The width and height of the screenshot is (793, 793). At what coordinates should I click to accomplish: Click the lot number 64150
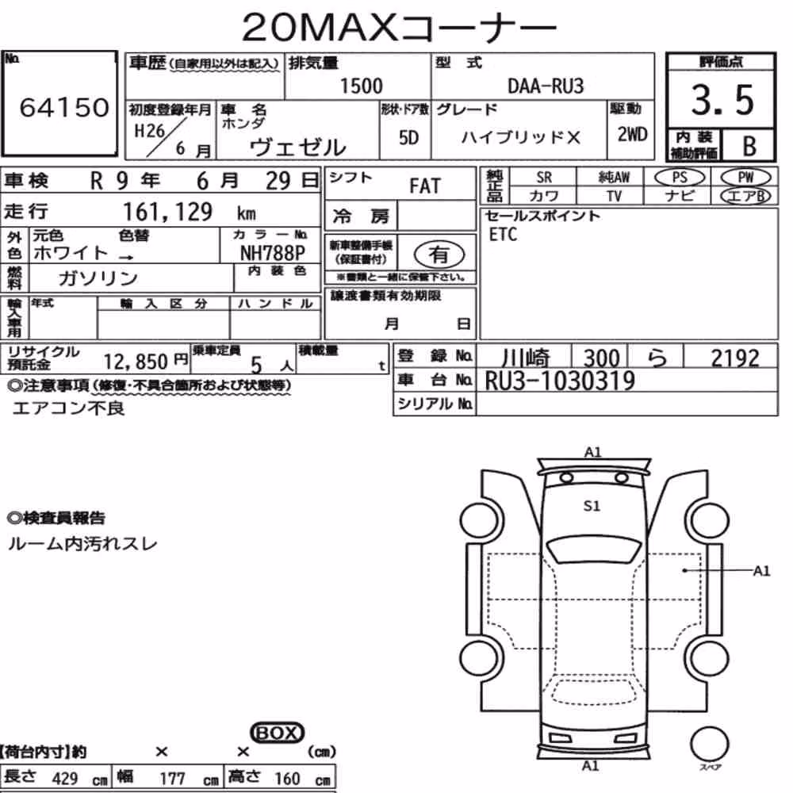click(x=64, y=107)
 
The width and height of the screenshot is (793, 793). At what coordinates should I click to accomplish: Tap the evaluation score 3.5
click(x=722, y=100)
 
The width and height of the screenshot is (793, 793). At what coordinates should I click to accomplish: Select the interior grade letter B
click(x=749, y=146)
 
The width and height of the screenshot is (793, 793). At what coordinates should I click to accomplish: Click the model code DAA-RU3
click(x=546, y=86)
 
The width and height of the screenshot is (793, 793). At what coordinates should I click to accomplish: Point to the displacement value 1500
click(x=361, y=86)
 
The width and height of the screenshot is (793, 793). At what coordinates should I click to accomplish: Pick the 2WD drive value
click(x=632, y=135)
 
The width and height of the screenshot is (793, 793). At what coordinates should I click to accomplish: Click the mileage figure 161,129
click(x=167, y=212)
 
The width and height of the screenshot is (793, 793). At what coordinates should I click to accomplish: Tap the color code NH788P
click(x=273, y=253)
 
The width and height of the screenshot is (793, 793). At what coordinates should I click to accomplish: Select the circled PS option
click(x=680, y=178)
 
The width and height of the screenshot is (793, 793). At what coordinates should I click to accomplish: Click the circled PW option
click(x=746, y=178)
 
